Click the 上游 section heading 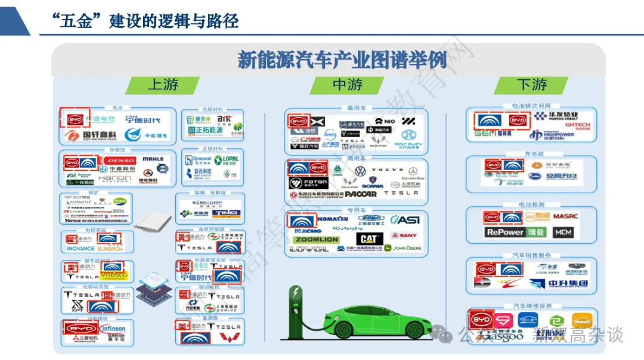[x=163, y=85]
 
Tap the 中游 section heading [x=347, y=85]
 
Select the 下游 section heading [x=531, y=85]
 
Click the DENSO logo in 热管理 [x=119, y=160]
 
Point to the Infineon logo [x=113, y=328]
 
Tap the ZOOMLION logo [x=316, y=240]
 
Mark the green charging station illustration [x=296, y=311]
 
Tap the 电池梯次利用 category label [x=531, y=106]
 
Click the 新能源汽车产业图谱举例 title [x=342, y=60]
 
